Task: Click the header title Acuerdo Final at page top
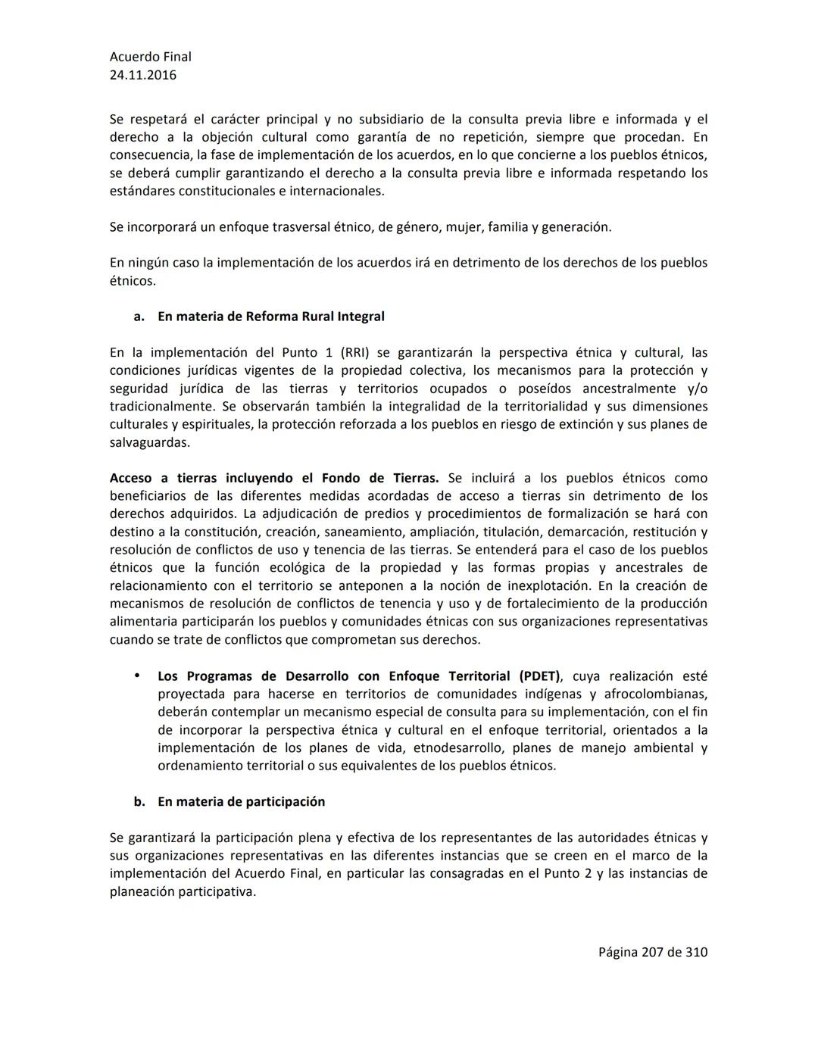tap(150, 57)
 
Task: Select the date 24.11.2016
tap(143, 75)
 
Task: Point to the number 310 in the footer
tap(696, 952)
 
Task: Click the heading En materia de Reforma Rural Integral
tap(270, 317)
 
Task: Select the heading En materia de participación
tap(241, 801)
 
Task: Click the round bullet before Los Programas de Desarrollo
tap(137, 676)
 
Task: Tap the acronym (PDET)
tap(540, 676)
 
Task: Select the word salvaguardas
tap(149, 442)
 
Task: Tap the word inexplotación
tap(548, 585)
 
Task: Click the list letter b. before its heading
tap(139, 801)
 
